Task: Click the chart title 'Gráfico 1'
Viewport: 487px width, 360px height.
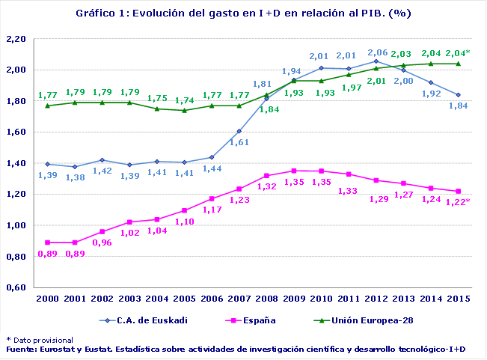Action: [243, 13]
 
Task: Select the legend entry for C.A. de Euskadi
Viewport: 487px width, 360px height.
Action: [145, 320]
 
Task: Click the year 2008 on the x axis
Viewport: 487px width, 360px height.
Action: [267, 299]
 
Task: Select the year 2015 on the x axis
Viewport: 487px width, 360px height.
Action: [458, 299]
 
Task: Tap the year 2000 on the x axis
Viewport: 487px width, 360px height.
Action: [49, 299]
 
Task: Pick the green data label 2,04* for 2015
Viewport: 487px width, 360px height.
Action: [458, 53]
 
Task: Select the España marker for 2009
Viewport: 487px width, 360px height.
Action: [294, 171]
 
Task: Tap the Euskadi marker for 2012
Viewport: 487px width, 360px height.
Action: [376, 61]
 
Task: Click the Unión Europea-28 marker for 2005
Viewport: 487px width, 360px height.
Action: [185, 110]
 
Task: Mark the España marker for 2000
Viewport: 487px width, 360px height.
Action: [49, 242]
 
